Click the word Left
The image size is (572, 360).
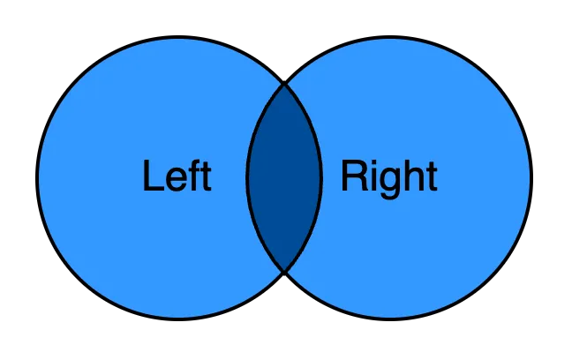177,176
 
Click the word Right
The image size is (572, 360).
389,176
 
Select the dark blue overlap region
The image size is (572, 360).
284,177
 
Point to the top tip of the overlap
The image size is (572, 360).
284,84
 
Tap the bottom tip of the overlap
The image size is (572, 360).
284,272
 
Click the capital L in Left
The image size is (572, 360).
152,176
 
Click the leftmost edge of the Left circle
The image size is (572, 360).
39,177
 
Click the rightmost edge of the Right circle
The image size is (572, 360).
530,177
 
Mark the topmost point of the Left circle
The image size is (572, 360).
178,38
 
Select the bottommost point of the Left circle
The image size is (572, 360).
178,318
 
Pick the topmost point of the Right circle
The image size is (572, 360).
390,38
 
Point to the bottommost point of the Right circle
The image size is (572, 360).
390,318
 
